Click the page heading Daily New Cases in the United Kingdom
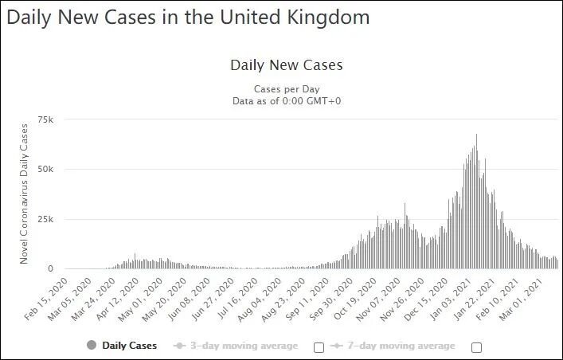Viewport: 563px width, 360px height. [x=188, y=18]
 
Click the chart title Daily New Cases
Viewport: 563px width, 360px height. [x=287, y=65]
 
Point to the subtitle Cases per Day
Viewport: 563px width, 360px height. [x=287, y=88]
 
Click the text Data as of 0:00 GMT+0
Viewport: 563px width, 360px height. [x=287, y=101]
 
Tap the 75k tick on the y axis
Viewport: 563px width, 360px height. [x=45, y=119]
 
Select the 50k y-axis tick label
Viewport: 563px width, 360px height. [x=45, y=169]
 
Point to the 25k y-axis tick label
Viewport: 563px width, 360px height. [x=45, y=219]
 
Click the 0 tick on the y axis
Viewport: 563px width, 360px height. [x=51, y=268]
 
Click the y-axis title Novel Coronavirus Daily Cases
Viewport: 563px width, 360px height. [x=24, y=194]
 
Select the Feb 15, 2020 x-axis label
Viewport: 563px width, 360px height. [x=46, y=299]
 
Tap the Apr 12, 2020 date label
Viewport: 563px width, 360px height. [x=117, y=299]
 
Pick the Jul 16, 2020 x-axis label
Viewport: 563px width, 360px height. [x=237, y=299]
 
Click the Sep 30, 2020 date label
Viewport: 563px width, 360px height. [x=330, y=299]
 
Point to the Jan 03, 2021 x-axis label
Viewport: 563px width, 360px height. [x=450, y=299]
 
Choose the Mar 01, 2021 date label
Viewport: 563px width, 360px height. [x=521, y=299]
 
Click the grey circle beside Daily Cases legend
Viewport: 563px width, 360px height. [x=92, y=345]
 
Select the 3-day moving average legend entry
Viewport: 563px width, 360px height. [x=236, y=346]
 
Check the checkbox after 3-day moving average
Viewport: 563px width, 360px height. [x=319, y=347]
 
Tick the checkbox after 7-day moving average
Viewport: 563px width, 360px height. [x=476, y=347]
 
